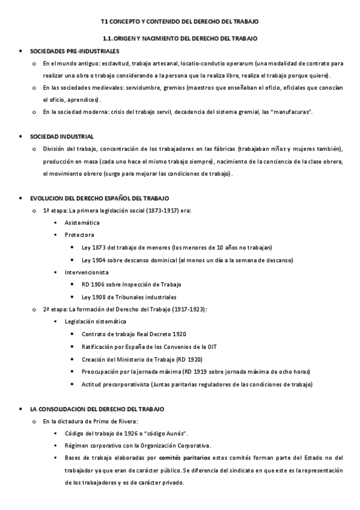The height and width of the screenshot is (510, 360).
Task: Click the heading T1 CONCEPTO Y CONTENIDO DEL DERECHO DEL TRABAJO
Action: pos(180,22)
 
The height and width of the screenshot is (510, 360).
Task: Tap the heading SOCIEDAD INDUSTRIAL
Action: pos(61,137)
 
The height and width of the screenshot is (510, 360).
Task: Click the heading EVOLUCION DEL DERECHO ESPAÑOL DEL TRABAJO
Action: pos(99,198)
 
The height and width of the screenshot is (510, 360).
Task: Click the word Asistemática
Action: pos(82,223)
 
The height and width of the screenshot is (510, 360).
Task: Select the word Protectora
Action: pos(79,235)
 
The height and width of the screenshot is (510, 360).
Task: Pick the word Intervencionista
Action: pos(87,272)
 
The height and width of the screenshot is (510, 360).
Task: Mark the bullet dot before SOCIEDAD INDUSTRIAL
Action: pos(22,137)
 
